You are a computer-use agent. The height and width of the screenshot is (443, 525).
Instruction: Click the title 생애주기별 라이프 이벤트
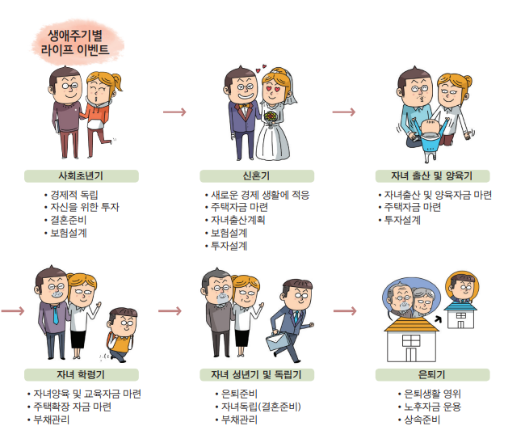pyautogui.click(x=78, y=42)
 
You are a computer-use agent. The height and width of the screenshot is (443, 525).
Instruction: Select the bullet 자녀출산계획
pyautogui.click(x=237, y=220)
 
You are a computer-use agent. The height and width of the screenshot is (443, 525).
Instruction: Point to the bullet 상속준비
pyautogui.click(x=420, y=420)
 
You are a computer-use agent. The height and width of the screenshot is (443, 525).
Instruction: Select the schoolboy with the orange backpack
pyautogui.click(x=120, y=332)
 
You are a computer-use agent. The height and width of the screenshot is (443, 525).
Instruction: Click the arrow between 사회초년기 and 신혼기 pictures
pyautogui.click(x=174, y=112)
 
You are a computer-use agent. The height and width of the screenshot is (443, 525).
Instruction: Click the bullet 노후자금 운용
pyautogui.click(x=431, y=407)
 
